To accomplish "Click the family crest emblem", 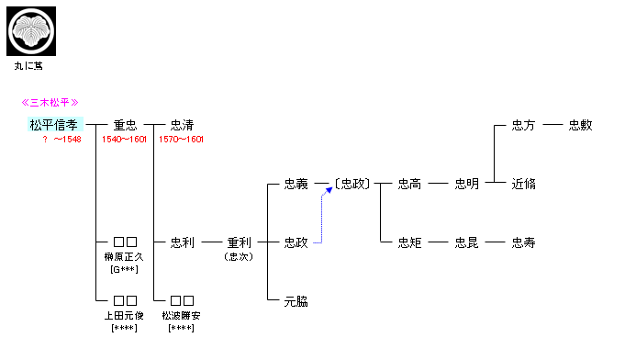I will pyautogui.click(x=31, y=30).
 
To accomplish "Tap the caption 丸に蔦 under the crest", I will pyautogui.click(x=28, y=66).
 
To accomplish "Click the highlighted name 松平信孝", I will pyautogui.click(x=55, y=125).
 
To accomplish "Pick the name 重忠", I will pyautogui.click(x=125, y=125).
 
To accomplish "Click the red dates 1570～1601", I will pyautogui.click(x=182, y=140).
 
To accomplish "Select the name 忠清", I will pyautogui.click(x=182, y=125).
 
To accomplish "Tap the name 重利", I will pyautogui.click(x=239, y=242).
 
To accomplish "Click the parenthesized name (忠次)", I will pyautogui.click(x=239, y=256).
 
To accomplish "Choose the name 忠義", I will pyautogui.click(x=296, y=184).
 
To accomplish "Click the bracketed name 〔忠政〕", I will pyautogui.click(x=351, y=184).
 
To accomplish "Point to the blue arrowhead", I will pyautogui.click(x=328, y=190).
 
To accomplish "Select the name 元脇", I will pyautogui.click(x=296, y=300).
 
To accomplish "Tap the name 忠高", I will pyautogui.click(x=409, y=184).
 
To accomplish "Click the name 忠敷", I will pyautogui.click(x=580, y=125).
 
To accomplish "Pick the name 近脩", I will pyautogui.click(x=523, y=184).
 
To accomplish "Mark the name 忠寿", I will pyautogui.click(x=523, y=242).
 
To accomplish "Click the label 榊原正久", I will pyautogui.click(x=125, y=256).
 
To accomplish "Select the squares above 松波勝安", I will pyautogui.click(x=182, y=300).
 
